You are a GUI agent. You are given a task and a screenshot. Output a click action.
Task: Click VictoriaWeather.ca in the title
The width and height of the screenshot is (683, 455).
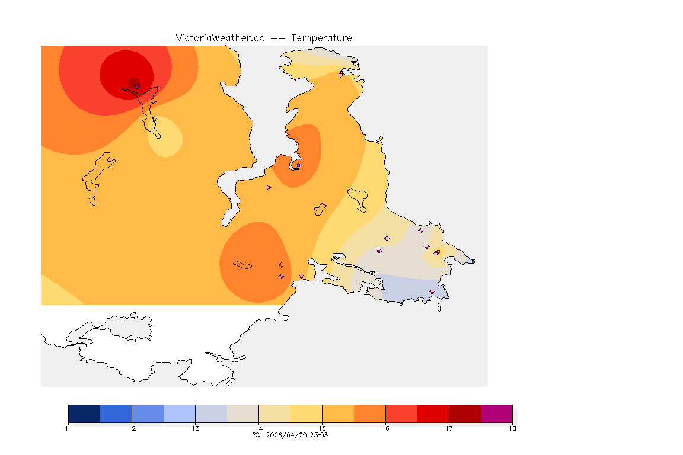[x=220, y=38]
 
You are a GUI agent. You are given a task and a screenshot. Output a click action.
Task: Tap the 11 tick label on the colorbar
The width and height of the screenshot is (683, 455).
[x=68, y=428]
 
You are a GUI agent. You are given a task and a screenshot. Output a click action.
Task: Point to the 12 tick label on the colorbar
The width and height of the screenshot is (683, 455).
[x=132, y=428]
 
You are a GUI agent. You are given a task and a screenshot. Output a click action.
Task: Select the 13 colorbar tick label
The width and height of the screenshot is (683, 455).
[x=195, y=428]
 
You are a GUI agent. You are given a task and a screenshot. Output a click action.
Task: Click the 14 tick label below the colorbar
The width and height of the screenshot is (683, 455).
[x=258, y=428]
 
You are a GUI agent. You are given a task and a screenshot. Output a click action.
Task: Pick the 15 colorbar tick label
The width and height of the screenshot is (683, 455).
[x=322, y=428]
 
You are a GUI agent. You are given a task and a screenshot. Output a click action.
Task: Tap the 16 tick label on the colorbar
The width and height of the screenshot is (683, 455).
[x=385, y=428]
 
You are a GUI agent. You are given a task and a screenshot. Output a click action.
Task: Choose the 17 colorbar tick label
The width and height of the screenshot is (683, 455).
[x=449, y=428]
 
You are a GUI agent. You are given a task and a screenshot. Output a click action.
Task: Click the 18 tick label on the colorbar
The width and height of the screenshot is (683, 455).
[x=512, y=428]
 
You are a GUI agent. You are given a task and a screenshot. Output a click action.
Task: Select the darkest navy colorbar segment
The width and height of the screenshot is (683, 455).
[x=84, y=414]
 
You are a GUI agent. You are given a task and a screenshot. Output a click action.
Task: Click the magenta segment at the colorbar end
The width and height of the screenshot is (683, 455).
[x=496, y=414]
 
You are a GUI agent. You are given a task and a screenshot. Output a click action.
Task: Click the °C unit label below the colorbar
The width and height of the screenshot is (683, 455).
[x=256, y=435]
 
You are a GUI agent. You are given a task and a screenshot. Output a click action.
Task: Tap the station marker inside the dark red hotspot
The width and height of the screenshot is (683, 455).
[x=136, y=86]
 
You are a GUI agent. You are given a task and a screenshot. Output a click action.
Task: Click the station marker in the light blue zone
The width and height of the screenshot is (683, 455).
[x=432, y=291]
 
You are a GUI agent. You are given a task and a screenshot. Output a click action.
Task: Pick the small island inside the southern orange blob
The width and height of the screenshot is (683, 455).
[x=242, y=264]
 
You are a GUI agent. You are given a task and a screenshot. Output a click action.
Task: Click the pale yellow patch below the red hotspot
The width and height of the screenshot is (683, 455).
[x=165, y=137]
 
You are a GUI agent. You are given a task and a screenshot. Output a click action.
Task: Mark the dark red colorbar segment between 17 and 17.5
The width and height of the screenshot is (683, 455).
[x=465, y=414]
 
